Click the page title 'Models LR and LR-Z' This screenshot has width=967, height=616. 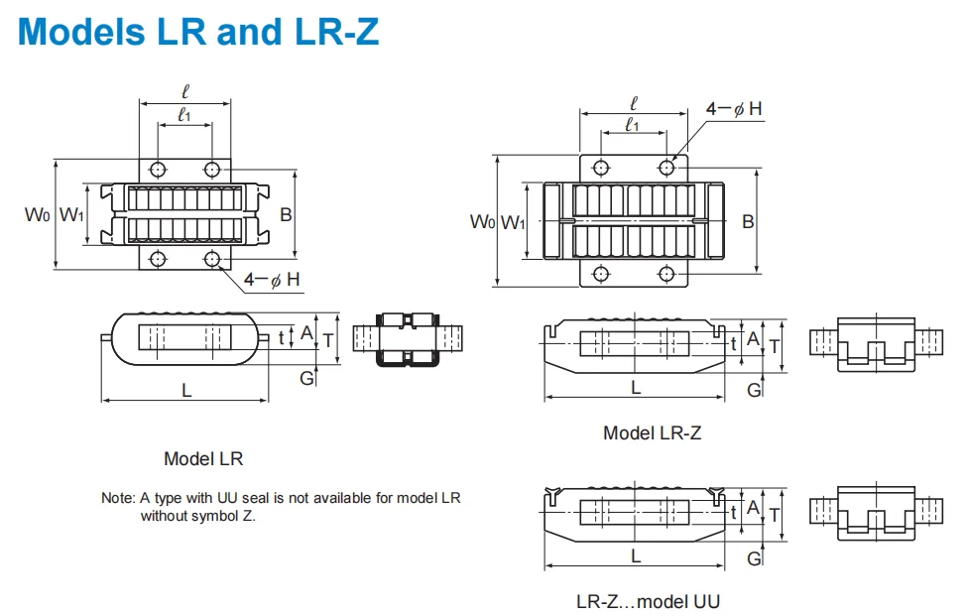[198, 32]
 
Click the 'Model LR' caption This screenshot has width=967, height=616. [203, 459]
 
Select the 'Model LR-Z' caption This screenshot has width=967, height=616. [653, 432]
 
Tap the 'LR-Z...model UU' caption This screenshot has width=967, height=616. [648, 601]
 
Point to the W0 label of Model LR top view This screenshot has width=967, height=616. [37, 213]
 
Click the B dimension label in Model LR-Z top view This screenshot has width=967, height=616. [748, 221]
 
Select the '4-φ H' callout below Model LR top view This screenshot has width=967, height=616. [273, 280]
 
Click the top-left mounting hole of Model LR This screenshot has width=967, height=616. [157, 168]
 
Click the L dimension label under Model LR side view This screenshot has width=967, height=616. [185, 391]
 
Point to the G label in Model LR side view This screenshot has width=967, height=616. [306, 378]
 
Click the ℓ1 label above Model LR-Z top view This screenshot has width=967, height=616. [632, 125]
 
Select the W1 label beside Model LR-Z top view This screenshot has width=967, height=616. [512, 221]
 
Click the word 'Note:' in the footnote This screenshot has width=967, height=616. [118, 498]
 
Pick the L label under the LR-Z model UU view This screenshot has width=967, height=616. [636, 555]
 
